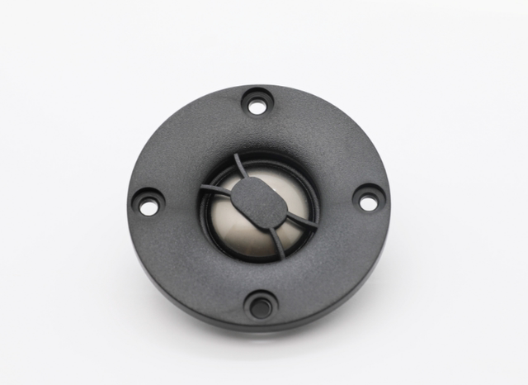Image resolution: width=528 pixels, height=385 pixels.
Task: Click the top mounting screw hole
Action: [257, 106]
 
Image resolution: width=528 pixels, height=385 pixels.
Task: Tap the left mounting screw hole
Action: [148, 205]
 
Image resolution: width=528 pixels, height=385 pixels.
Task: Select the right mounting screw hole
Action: [367, 198]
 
